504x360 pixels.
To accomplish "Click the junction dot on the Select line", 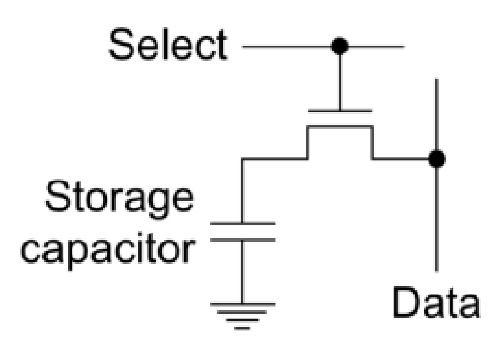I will [340, 47].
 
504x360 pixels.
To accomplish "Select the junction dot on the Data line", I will [437, 159].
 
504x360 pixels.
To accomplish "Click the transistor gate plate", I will [340, 111].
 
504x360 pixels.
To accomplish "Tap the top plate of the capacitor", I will [242, 224].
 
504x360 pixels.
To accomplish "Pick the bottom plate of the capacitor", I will [242, 240].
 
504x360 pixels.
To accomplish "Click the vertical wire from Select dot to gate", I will [340, 80].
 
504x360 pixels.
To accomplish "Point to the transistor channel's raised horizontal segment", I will [340, 127].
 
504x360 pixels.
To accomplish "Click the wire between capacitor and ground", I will [242, 271].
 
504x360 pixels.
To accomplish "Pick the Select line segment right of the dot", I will [375, 47].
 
